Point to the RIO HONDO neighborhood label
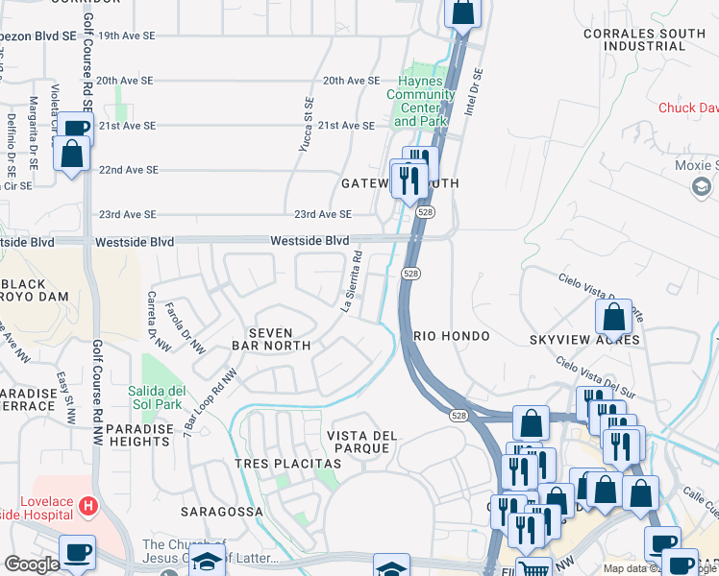(x=452, y=336)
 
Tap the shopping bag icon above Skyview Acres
(x=613, y=316)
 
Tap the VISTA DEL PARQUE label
(x=362, y=443)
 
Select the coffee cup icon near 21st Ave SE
(x=76, y=129)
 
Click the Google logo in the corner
(x=32, y=564)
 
